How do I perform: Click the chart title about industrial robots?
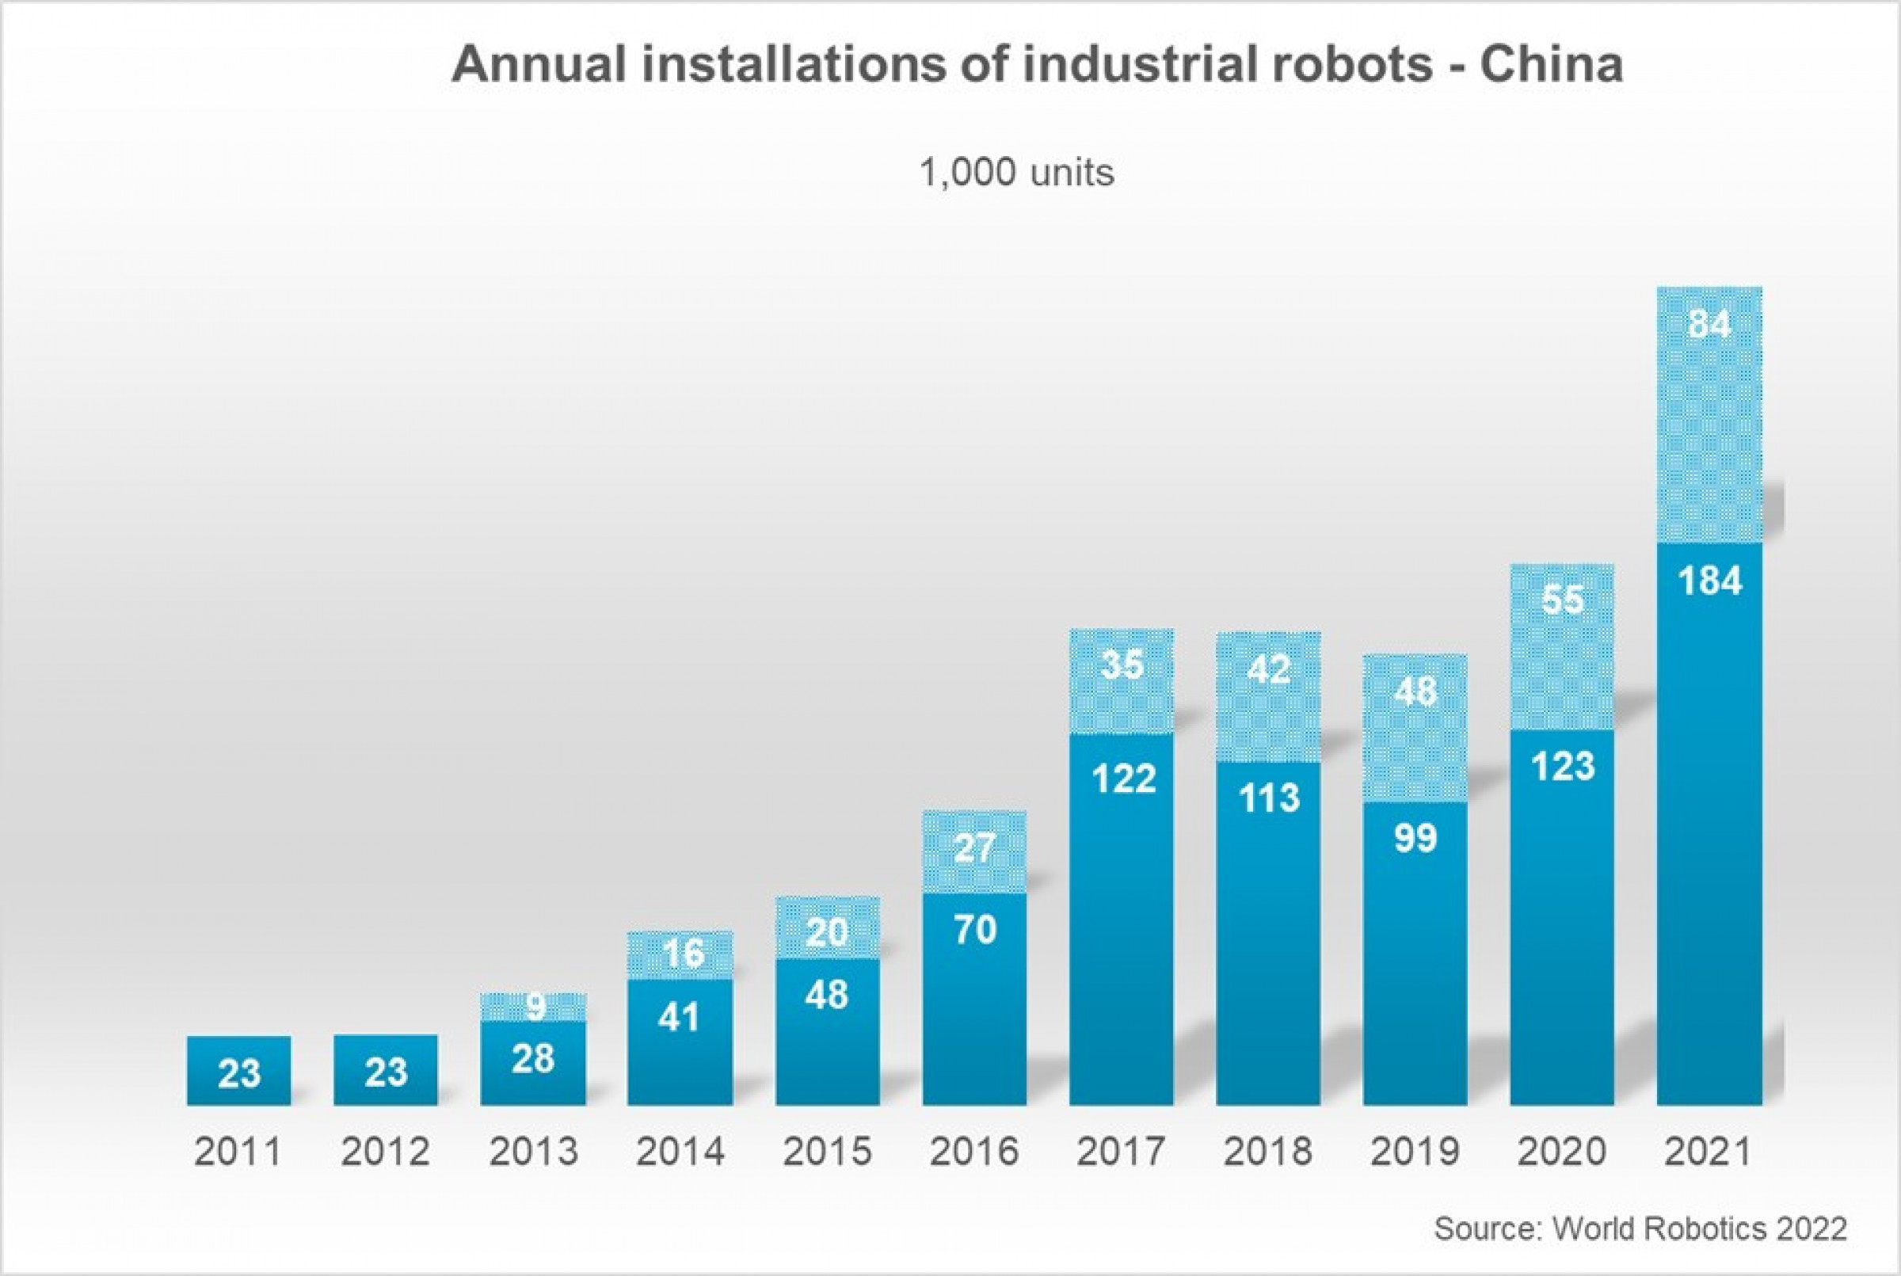coord(1036,65)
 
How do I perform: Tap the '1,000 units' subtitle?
coord(1016,173)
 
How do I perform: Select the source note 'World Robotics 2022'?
coord(1640,1228)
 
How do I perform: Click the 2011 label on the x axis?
coord(238,1152)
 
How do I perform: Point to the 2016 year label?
coord(973,1152)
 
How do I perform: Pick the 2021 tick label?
coord(1709,1152)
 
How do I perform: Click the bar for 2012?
coord(385,1071)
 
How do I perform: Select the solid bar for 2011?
coord(238,1071)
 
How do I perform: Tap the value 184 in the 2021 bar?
coord(1710,581)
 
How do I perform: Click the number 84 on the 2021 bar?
coord(1709,325)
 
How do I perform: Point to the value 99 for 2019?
coord(1415,838)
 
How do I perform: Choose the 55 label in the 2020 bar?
coord(1563,600)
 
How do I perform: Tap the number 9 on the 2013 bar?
coord(535,1007)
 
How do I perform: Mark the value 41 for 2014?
coord(680,1018)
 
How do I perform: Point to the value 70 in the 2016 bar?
coord(974,930)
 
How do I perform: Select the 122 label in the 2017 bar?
coord(1123,779)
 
